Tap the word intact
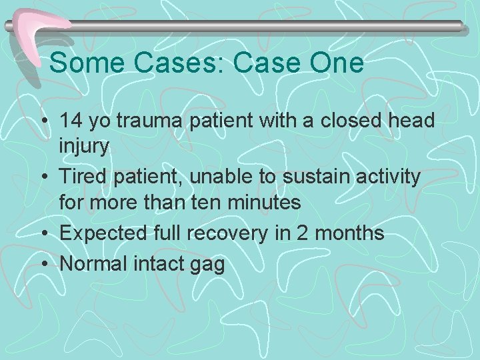[161, 264]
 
